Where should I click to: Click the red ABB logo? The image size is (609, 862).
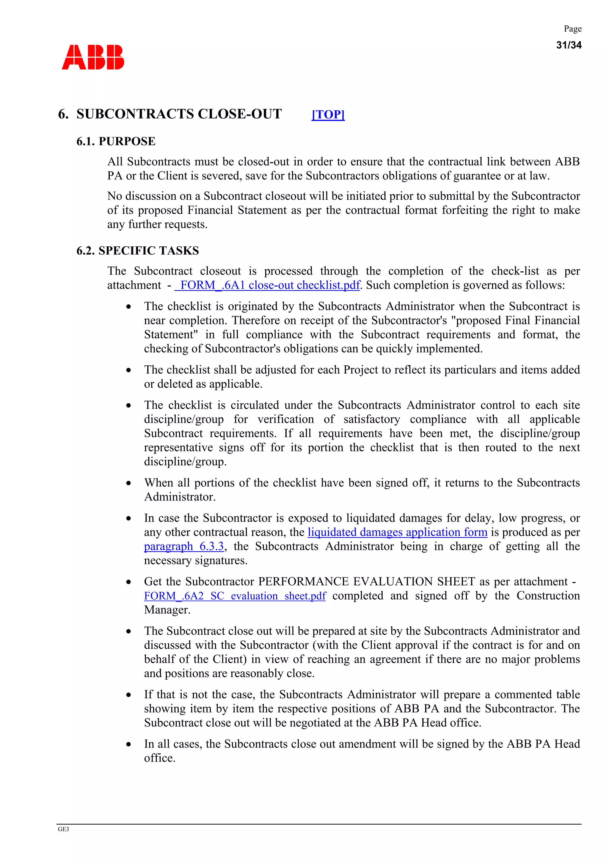pyautogui.click(x=93, y=57)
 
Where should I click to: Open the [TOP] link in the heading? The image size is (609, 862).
pyautogui.click(x=328, y=115)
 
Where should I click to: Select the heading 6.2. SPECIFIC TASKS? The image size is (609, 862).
pyautogui.click(x=137, y=251)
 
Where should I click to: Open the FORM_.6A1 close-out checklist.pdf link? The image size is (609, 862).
pyautogui.click(x=267, y=285)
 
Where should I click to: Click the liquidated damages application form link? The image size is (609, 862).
pyautogui.click(x=397, y=532)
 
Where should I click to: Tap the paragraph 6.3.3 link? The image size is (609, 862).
pyautogui.click(x=184, y=546)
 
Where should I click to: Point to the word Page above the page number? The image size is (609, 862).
pyautogui.click(x=573, y=29)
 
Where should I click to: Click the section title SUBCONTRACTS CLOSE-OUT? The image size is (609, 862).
pyautogui.click(x=179, y=114)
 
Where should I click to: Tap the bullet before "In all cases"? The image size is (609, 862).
pyautogui.click(x=129, y=744)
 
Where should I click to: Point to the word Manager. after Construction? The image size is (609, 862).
pyautogui.click(x=167, y=610)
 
